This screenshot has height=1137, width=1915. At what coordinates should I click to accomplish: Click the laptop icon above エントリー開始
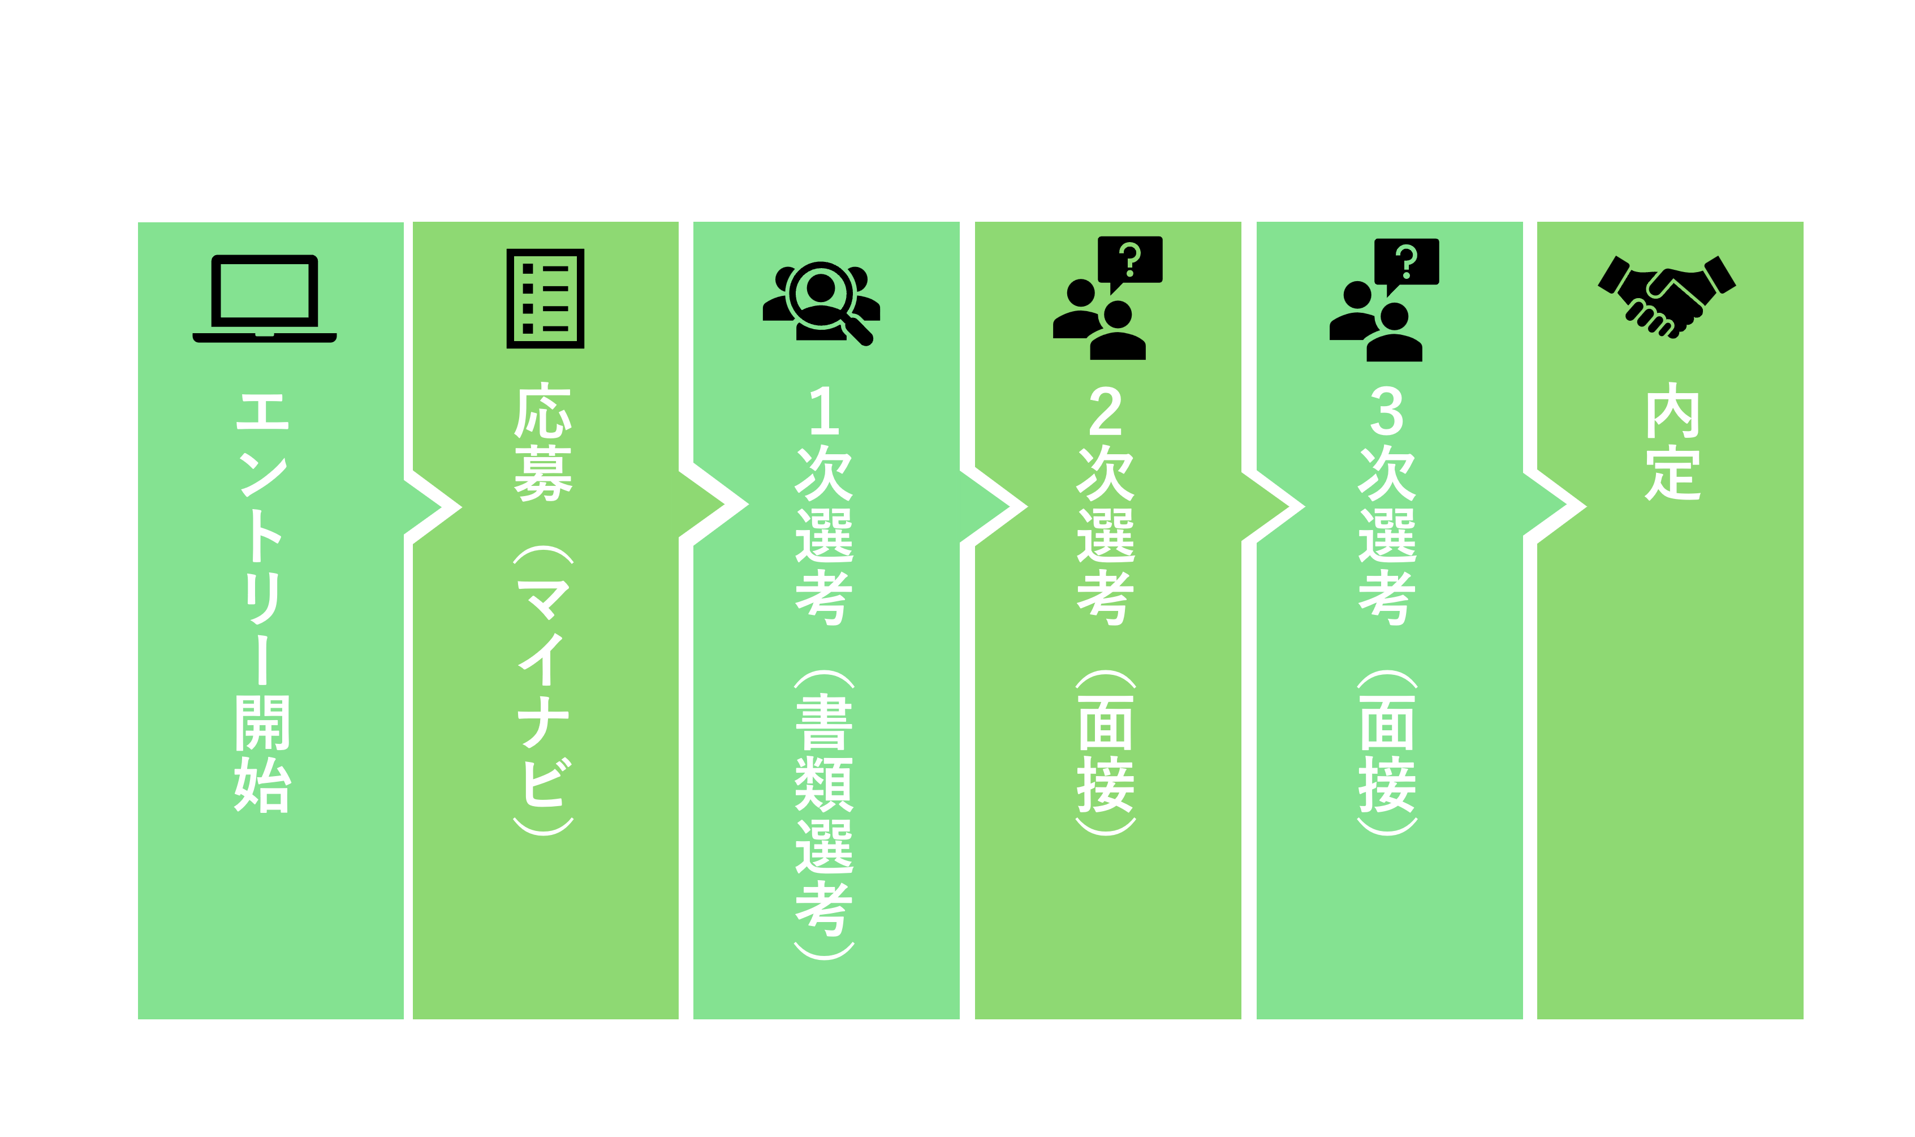click(x=264, y=298)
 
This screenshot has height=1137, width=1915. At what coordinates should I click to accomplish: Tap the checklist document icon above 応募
click(x=545, y=298)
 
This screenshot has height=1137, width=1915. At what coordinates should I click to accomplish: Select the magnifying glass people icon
click(x=821, y=303)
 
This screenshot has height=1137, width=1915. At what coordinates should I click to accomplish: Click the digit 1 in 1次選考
click(x=824, y=411)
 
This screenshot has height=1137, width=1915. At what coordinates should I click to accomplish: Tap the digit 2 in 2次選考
click(x=1105, y=411)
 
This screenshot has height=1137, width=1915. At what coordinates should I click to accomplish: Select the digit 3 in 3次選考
click(x=1386, y=411)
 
